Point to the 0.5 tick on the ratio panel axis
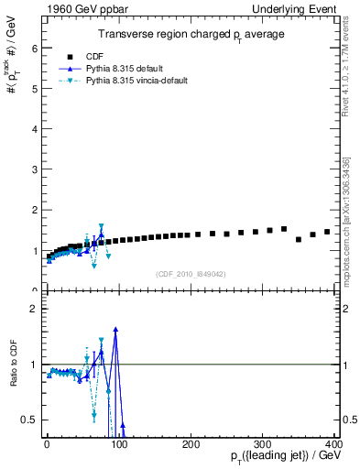coord(30,420)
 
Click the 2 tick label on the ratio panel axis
coord(35,309)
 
